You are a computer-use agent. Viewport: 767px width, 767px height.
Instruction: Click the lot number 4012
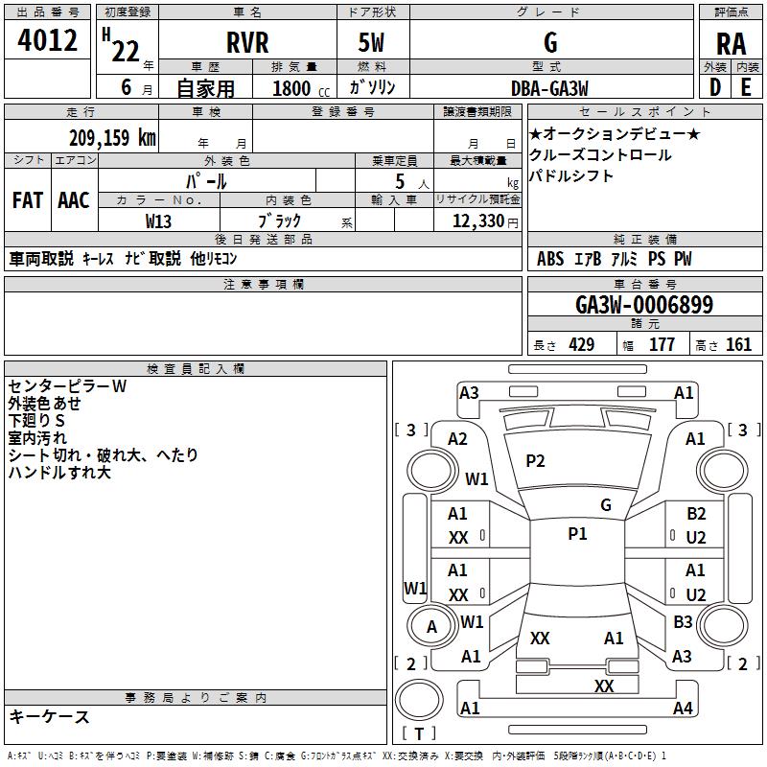click(x=47, y=42)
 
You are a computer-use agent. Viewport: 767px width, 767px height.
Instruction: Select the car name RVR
click(x=246, y=43)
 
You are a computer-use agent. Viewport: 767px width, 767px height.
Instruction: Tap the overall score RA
click(x=731, y=43)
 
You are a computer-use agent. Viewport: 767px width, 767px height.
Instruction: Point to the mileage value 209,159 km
click(x=112, y=137)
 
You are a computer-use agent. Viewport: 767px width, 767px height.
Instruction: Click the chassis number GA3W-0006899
click(x=644, y=305)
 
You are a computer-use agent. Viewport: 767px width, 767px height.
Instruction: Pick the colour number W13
click(x=159, y=221)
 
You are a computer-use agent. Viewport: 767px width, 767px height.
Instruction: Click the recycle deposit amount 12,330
click(x=476, y=221)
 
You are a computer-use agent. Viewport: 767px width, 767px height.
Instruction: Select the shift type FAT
click(x=27, y=199)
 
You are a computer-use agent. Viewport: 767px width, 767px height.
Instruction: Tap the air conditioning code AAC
click(x=74, y=199)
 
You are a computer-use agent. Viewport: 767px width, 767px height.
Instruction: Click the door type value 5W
click(x=374, y=43)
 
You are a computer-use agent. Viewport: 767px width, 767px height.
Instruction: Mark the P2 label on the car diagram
click(x=535, y=460)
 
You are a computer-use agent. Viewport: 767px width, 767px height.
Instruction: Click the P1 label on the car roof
click(x=577, y=534)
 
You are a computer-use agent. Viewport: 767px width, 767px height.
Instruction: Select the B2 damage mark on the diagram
click(x=696, y=514)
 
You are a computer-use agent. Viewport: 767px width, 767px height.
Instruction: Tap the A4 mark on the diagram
click(x=683, y=709)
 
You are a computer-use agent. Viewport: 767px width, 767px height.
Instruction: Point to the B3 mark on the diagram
click(x=683, y=622)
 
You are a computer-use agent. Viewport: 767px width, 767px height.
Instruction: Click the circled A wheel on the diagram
click(x=431, y=627)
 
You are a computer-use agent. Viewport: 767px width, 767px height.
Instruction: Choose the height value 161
click(x=739, y=345)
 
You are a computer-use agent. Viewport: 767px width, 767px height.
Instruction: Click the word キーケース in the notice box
click(x=50, y=717)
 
